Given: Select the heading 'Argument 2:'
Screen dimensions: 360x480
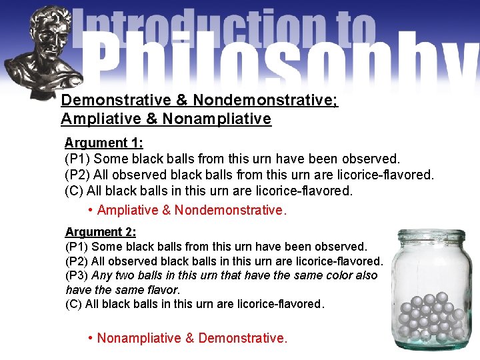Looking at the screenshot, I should pos(101,232).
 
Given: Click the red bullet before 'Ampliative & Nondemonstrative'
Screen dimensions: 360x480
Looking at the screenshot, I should pos(90,211).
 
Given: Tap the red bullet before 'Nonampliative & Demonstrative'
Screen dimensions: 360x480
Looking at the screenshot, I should pos(90,338).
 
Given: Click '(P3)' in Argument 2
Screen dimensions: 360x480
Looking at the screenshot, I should pos(77,275).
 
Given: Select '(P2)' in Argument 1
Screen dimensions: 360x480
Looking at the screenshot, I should pos(77,175).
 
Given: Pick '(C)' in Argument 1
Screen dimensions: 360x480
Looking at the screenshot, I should pos(74,191).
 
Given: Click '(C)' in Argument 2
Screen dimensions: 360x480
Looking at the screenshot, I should pos(73,304).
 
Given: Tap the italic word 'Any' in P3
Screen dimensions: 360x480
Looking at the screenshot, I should pos(102,275).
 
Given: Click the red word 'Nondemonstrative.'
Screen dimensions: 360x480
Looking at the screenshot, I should pos(231,211).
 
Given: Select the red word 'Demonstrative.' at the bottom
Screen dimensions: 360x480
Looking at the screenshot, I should pos(243,338).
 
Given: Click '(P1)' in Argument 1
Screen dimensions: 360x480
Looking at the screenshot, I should pos(77,159).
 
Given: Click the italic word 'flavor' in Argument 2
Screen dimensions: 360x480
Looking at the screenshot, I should pos(163,290).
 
